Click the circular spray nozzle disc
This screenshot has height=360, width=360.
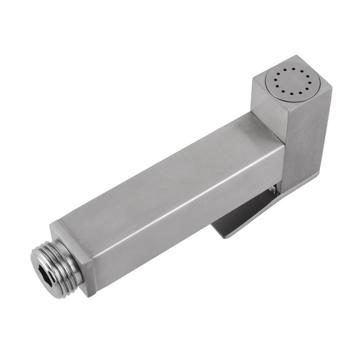(x=289, y=84)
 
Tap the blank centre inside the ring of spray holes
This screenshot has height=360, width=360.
(x=289, y=84)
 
